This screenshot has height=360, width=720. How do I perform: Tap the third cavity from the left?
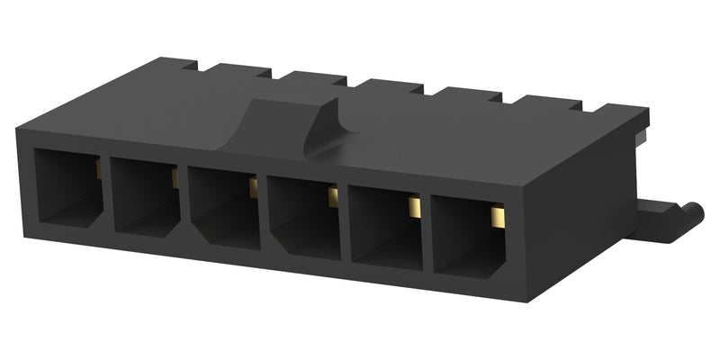tap(222, 207)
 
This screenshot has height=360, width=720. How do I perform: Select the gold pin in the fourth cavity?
tap(332, 196)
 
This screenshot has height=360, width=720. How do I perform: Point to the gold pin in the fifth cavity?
tap(414, 207)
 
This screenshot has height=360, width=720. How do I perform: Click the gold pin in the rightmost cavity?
tap(496, 217)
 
